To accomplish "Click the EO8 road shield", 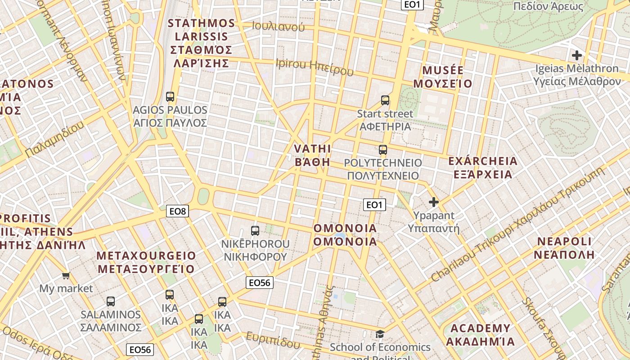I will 177,211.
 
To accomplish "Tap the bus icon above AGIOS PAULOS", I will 170,96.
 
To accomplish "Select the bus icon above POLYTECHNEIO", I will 383,150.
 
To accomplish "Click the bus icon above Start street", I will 385,100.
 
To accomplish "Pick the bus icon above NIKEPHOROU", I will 255,231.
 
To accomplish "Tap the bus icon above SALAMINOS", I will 111,301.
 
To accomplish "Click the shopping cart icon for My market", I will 66,275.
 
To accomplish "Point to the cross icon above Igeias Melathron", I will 576,56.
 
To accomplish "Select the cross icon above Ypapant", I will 434,202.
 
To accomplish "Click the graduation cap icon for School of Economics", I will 380,334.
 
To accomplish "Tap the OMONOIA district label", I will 345,235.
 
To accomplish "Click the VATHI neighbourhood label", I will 312,155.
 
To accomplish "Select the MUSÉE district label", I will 443,77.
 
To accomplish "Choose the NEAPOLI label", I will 564,247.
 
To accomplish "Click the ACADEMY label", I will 480,334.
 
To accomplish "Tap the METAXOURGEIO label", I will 146,262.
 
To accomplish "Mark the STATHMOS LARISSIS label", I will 202,43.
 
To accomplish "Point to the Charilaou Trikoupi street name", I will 517,225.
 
